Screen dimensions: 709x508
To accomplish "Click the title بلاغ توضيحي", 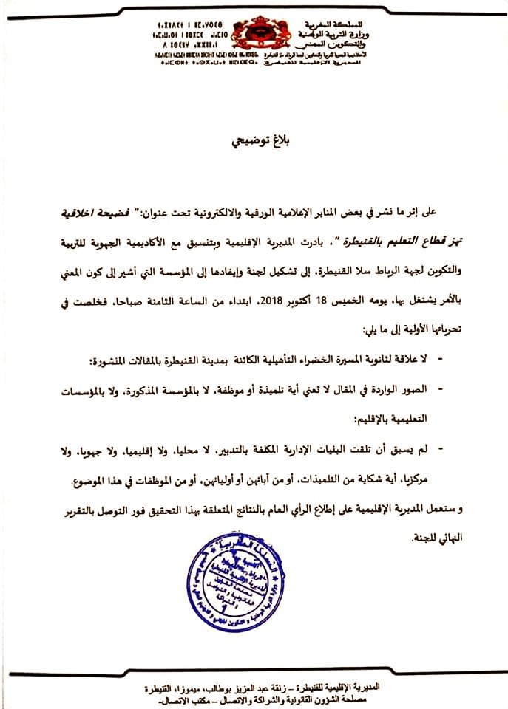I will [x=254, y=140].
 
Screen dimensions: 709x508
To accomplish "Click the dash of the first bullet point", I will [x=441, y=358].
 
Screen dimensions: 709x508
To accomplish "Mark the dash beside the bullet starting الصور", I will [x=441, y=388].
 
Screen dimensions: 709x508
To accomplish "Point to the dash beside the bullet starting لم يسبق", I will [x=441, y=449].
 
